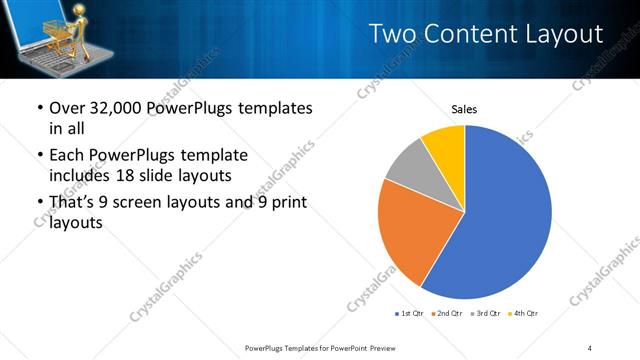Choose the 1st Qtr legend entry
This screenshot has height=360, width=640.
[411, 314]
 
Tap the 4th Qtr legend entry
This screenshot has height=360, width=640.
[524, 314]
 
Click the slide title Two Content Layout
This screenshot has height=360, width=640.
[486, 34]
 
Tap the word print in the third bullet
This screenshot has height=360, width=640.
[285, 203]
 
